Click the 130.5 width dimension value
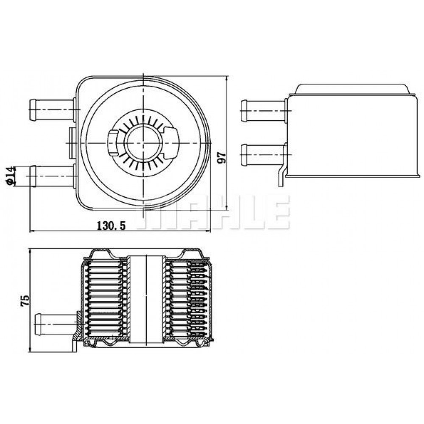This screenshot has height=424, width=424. (x=111, y=225)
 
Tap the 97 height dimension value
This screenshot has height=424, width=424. (x=222, y=157)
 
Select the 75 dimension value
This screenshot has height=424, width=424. (x=25, y=301)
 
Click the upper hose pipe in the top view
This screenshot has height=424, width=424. (x=52, y=109)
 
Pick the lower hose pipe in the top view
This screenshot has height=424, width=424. (x=52, y=176)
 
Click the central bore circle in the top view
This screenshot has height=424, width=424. (x=143, y=142)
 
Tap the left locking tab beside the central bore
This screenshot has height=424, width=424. (x=113, y=142)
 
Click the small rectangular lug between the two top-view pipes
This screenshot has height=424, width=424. (x=73, y=143)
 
